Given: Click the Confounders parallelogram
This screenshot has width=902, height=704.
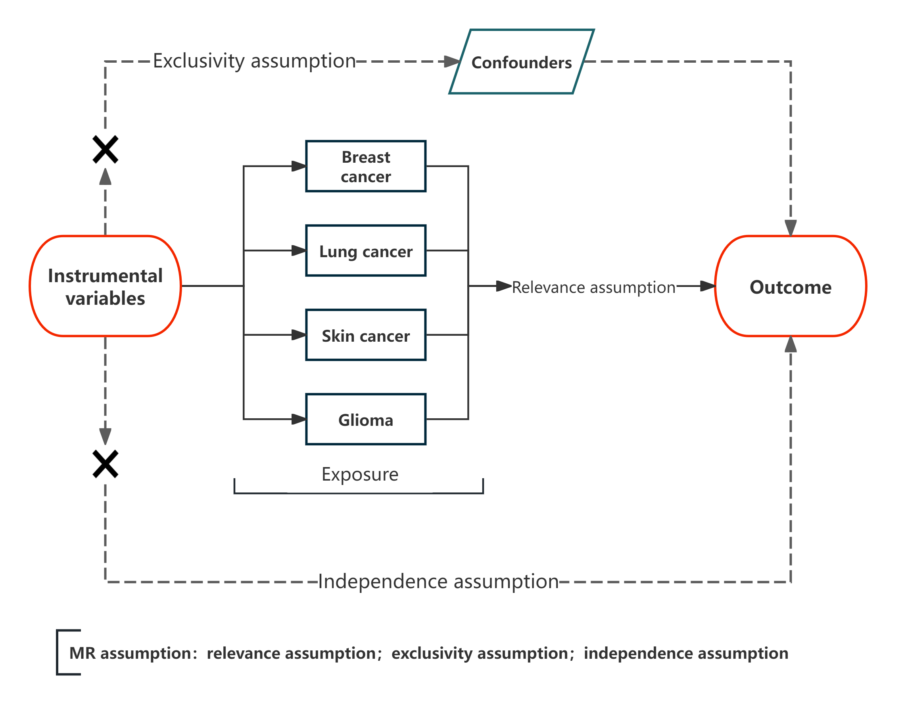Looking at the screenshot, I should (x=521, y=62).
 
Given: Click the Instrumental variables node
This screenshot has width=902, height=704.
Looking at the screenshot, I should (x=106, y=286).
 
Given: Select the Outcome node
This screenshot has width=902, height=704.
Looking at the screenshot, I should (x=791, y=286).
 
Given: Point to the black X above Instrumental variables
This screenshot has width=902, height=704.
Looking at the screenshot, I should (x=106, y=150).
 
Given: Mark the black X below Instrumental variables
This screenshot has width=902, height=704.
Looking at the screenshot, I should (x=106, y=464).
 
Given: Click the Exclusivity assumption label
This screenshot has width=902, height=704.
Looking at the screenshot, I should (x=254, y=61).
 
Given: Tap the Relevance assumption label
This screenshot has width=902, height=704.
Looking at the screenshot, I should (x=593, y=287).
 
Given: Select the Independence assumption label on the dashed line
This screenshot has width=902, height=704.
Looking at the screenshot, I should (x=438, y=582).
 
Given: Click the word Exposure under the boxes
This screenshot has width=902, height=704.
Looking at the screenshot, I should (x=360, y=474).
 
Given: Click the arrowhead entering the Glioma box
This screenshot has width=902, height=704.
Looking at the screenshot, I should (x=299, y=419).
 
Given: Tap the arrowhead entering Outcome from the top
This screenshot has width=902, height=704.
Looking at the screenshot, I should (x=791, y=228).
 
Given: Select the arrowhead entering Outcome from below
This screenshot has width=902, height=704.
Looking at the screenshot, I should (x=791, y=344).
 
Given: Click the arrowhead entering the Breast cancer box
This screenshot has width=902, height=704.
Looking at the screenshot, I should (x=299, y=166).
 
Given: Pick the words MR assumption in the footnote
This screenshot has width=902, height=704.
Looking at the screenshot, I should (x=130, y=653).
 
